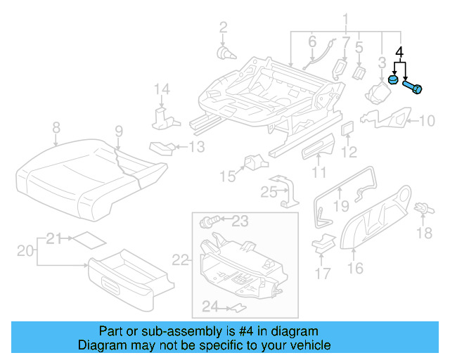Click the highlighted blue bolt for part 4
click(x=413, y=87)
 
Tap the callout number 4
click(x=400, y=52)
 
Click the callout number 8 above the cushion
click(x=56, y=127)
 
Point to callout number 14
click(x=162, y=89)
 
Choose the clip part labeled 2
click(x=225, y=51)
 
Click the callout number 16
click(x=355, y=267)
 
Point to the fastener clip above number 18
click(x=423, y=208)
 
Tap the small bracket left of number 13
click(x=160, y=148)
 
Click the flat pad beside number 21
click(x=89, y=239)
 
